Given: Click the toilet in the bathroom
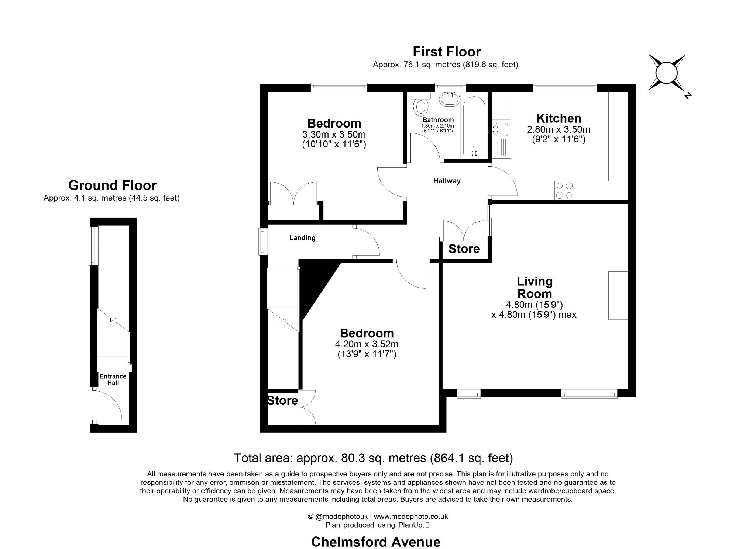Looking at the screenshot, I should pyautogui.click(x=421, y=105).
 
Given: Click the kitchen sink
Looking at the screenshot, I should pyautogui.click(x=501, y=129).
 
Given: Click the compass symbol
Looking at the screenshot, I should pyautogui.click(x=667, y=73).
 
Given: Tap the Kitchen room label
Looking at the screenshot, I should pyautogui.click(x=559, y=118).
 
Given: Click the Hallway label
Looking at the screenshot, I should pyautogui.click(x=447, y=181).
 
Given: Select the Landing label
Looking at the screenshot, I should pyautogui.click(x=302, y=238).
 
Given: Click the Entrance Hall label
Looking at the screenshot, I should pyautogui.click(x=113, y=379).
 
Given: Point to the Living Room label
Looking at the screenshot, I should pyautogui.click(x=535, y=288).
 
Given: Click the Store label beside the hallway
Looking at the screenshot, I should pyautogui.click(x=464, y=249).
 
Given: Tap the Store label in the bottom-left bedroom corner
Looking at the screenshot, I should pyautogui.click(x=282, y=400).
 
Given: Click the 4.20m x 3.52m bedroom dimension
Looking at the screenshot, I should pyautogui.click(x=367, y=344).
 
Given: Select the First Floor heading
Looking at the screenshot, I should pyautogui.click(x=447, y=52).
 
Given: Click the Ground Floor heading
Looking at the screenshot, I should pyautogui.click(x=112, y=185).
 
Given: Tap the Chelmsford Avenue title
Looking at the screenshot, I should pyautogui.click(x=376, y=542).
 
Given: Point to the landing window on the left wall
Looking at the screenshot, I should pyautogui.click(x=263, y=242).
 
